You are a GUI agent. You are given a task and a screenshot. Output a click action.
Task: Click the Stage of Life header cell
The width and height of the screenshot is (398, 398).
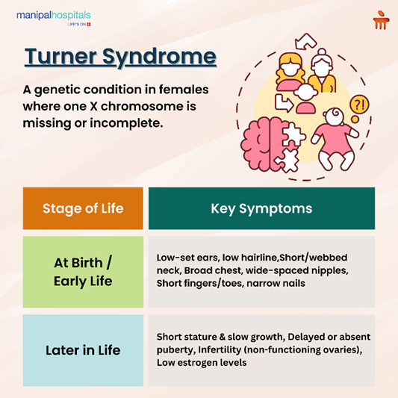pyautogui.click(x=82, y=208)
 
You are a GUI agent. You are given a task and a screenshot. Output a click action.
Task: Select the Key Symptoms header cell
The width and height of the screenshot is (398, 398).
pyautogui.click(x=261, y=208)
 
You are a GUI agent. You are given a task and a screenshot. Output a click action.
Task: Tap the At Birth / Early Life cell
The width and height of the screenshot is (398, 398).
pyautogui.click(x=82, y=272)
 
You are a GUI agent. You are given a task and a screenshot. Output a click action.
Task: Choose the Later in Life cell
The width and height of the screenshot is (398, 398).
pyautogui.click(x=82, y=349)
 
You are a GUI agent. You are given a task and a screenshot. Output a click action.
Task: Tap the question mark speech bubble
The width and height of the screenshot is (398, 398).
pyautogui.click(x=358, y=105)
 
